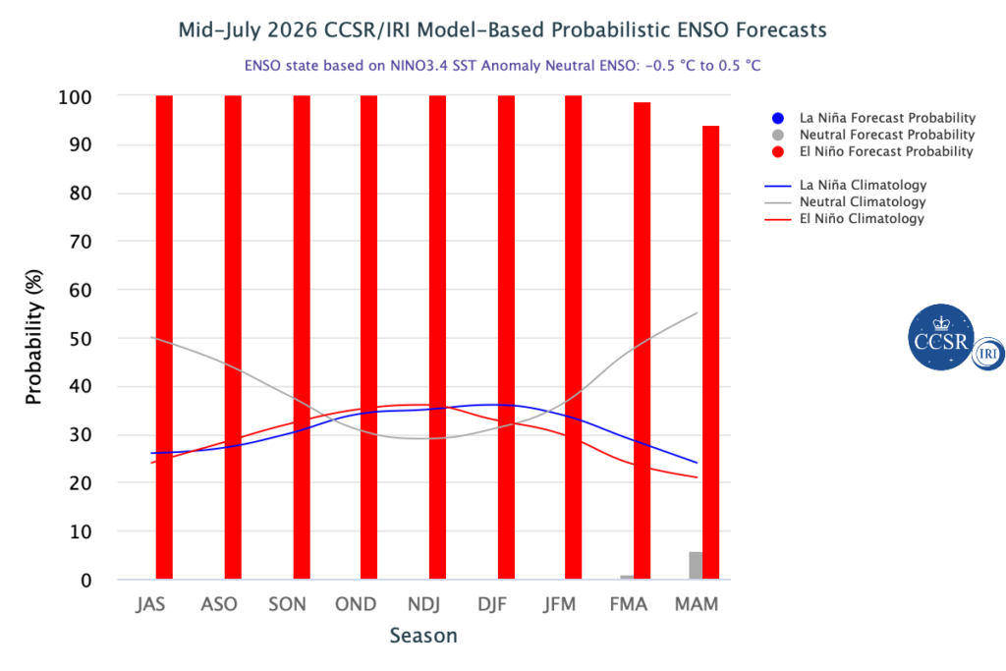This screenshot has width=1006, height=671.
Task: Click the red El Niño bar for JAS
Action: [164, 337]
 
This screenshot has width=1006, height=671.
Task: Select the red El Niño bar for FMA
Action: [643, 341]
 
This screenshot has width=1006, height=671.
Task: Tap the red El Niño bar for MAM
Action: [711, 352]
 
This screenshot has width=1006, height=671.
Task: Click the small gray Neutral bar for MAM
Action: [696, 565]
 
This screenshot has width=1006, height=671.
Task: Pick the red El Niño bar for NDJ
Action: [437, 337]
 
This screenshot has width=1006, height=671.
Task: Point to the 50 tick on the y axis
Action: [81, 339]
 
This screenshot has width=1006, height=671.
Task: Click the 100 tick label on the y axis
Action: [75, 97]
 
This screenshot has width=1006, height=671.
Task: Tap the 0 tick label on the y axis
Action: [86, 581]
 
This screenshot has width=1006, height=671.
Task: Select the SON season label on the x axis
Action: [287, 604]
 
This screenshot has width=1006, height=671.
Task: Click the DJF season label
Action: [492, 604]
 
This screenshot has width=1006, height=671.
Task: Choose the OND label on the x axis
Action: [356, 604]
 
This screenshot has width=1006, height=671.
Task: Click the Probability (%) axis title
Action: [33, 337]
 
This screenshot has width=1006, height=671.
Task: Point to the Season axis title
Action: [423, 636]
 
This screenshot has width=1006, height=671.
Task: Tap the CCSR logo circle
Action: [941, 337]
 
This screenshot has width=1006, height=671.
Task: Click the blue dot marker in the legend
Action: [778, 118]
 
